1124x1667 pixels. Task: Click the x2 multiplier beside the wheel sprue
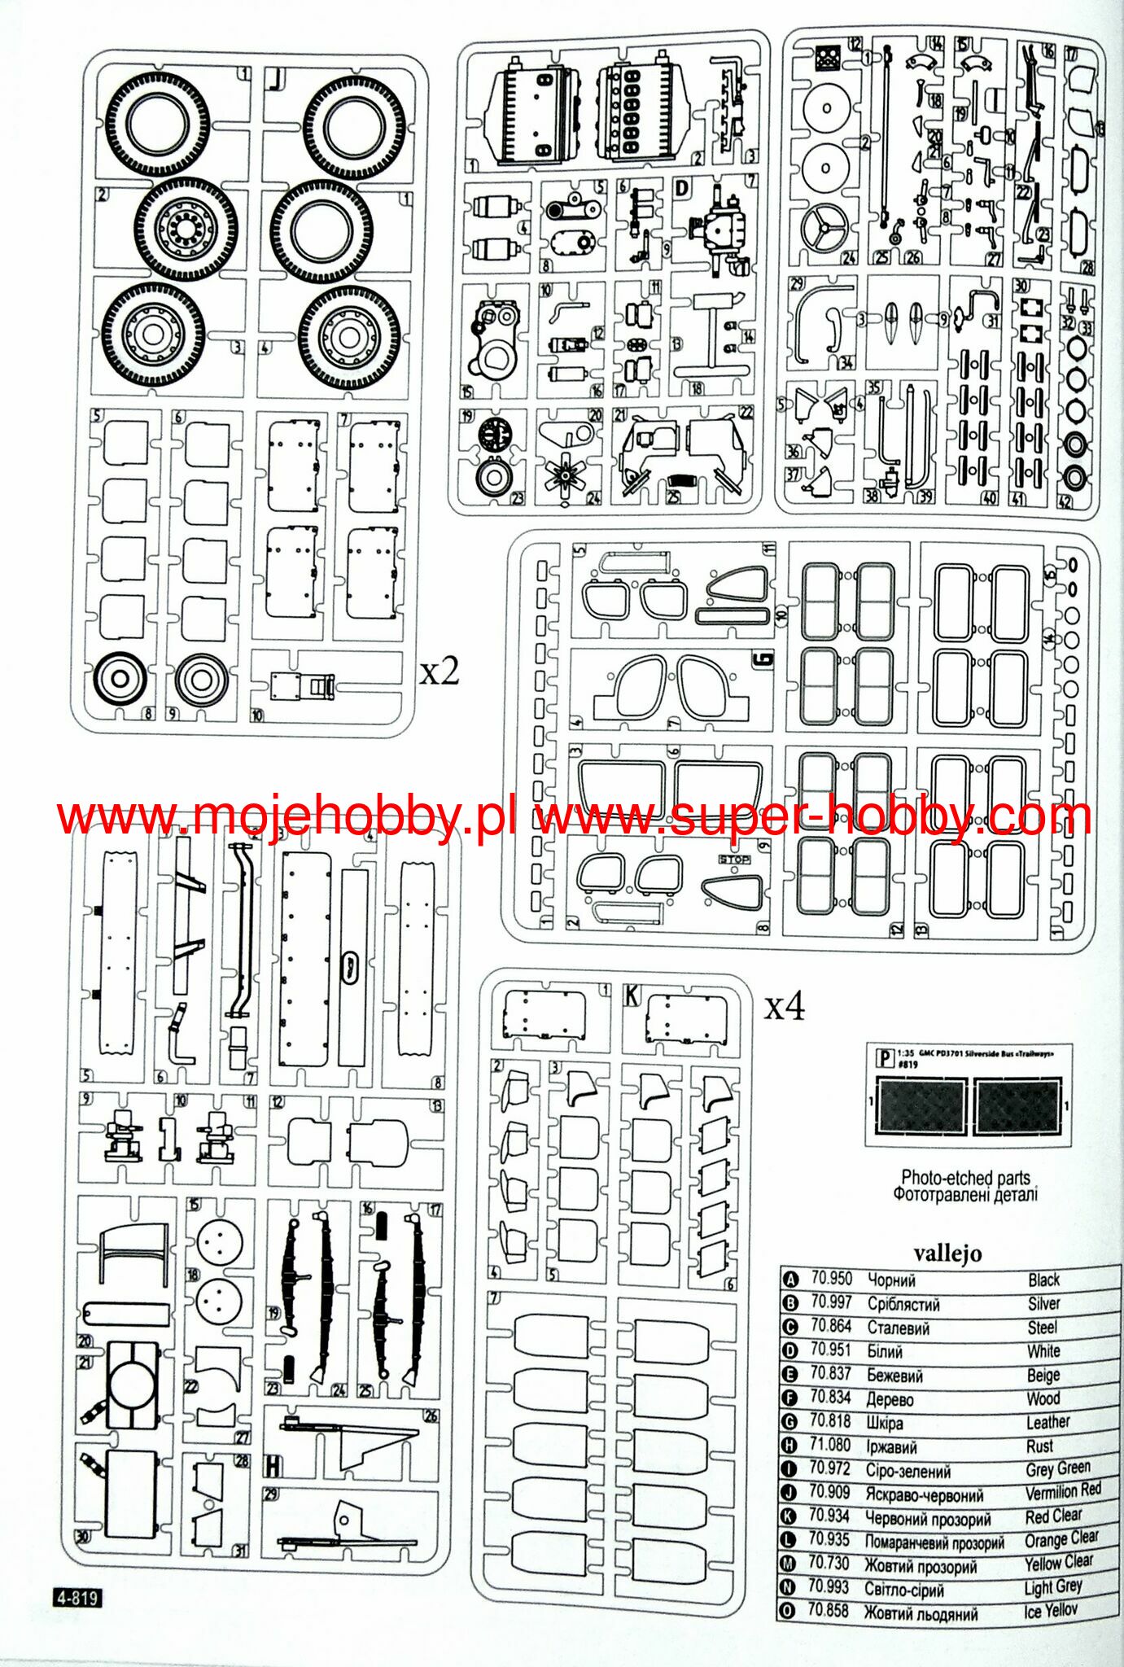click(x=440, y=672)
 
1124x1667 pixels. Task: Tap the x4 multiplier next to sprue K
click(x=784, y=1007)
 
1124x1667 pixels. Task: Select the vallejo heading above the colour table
click(x=947, y=1253)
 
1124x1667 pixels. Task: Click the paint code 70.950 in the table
click(x=831, y=1279)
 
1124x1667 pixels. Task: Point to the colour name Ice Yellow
click(x=1050, y=1610)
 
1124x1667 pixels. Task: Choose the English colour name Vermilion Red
click(x=1062, y=1491)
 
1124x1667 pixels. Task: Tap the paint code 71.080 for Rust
click(x=830, y=1445)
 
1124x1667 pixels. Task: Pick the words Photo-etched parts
click(x=965, y=1177)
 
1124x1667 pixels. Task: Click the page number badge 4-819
click(x=78, y=1598)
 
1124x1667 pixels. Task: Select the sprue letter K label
click(x=632, y=995)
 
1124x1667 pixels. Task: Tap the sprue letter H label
click(x=273, y=1466)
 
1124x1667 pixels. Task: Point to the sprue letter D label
click(x=682, y=189)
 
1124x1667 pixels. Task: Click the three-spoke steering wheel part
click(x=824, y=229)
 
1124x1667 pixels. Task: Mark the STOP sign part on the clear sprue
click(x=733, y=860)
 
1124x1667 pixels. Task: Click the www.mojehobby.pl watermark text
click(x=286, y=816)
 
